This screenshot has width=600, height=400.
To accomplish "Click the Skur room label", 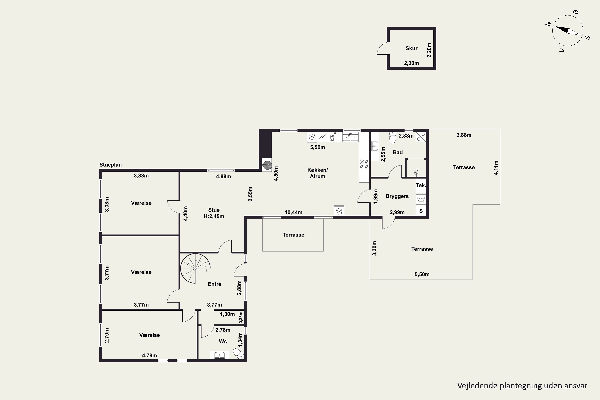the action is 411,48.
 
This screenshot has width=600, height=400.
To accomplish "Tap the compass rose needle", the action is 568,31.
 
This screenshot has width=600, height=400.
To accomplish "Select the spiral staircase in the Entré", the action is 195,268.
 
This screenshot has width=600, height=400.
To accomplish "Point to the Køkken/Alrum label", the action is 317,173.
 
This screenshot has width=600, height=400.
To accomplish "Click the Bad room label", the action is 398,152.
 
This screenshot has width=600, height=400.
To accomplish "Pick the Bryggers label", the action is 397,196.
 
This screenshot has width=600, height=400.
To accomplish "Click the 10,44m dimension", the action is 293,212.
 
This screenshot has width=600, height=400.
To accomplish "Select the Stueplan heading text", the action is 110,165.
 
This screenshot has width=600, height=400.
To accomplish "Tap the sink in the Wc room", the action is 219,355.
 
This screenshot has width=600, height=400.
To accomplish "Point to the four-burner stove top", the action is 364,164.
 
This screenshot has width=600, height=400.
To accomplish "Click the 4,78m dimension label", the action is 149,355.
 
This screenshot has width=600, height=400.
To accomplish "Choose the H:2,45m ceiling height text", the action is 214,216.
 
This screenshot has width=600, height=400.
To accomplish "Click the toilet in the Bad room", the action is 392,138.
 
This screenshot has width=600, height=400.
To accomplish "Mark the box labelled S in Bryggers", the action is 421,211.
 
